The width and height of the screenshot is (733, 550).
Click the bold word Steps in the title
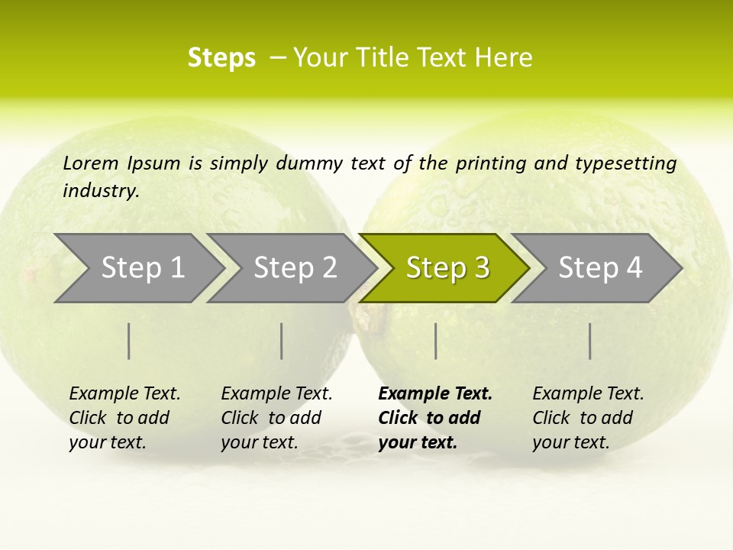221,58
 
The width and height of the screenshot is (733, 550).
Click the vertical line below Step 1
129,341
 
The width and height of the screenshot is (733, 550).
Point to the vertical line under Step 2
282,341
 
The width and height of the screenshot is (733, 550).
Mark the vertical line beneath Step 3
436,341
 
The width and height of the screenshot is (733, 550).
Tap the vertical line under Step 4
590,341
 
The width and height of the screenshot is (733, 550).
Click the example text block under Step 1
124,418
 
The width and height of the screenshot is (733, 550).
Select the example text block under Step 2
276,418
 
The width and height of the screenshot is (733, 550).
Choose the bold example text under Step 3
435,418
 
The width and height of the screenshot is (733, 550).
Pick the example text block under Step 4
588,418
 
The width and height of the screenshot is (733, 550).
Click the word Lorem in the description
91,163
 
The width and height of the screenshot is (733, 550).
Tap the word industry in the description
101,191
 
